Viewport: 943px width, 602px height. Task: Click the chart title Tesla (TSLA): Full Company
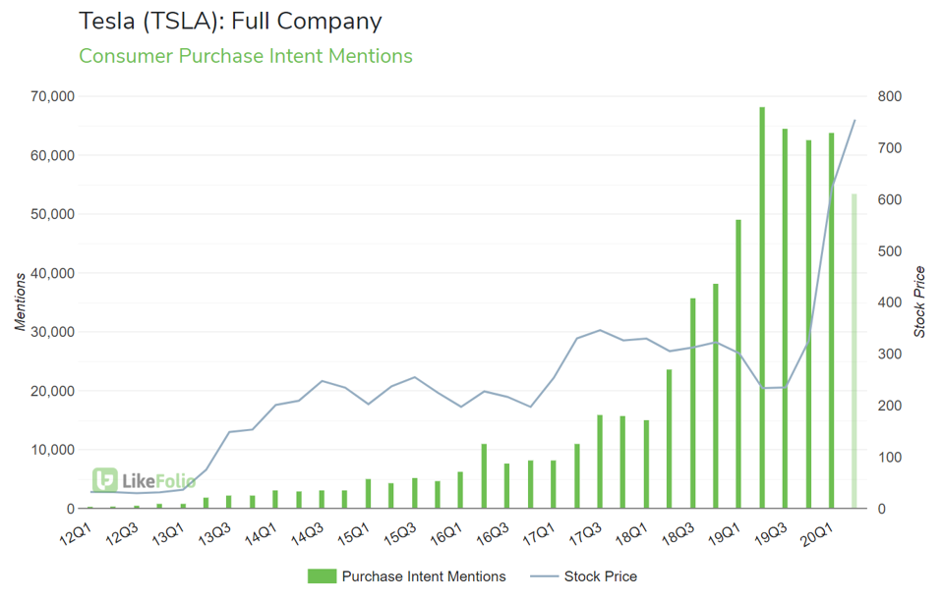click(230, 21)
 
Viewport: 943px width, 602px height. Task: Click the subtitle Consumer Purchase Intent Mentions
click(246, 56)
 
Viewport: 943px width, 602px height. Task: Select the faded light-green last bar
click(854, 352)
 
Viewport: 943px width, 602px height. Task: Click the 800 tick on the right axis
click(891, 96)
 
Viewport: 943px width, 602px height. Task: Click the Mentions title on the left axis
click(21, 302)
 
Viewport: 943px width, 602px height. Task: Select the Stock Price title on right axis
click(920, 302)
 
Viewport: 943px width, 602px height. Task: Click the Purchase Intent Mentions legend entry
click(407, 576)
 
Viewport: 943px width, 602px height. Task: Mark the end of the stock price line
click(855, 120)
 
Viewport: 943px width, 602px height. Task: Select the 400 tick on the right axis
click(891, 302)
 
